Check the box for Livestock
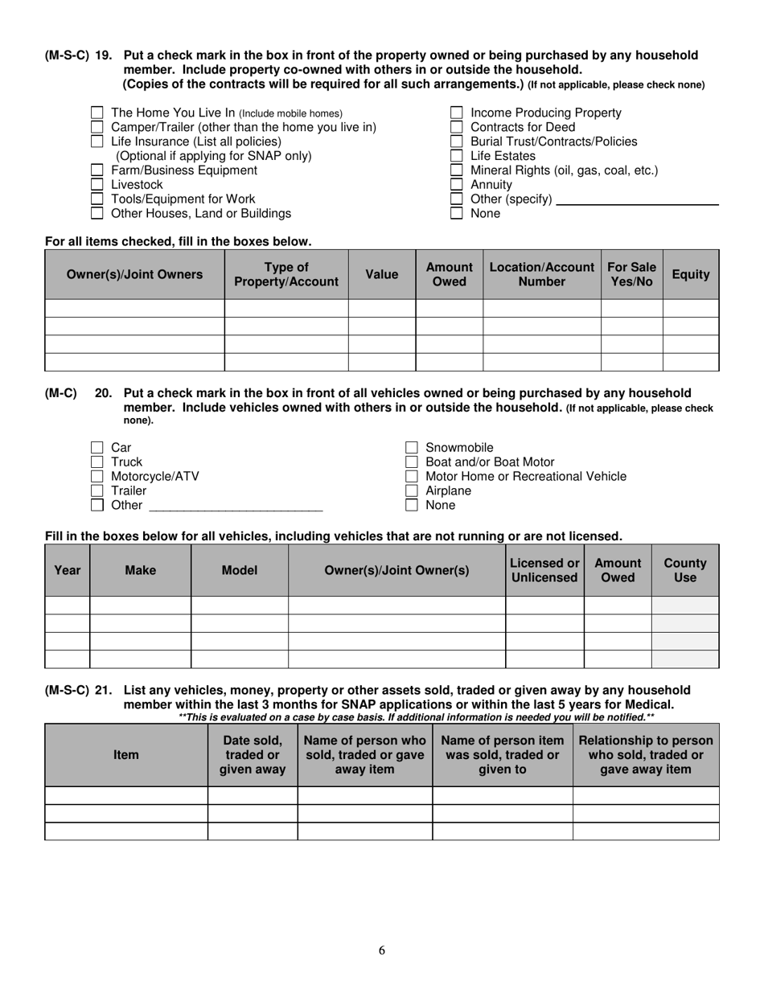pos(97,185)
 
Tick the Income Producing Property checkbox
pos(456,113)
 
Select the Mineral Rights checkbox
pos(456,170)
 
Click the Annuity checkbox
pos(456,185)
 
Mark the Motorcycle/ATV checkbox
pos(97,477)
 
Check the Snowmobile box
pos(411,448)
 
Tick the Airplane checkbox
pos(411,491)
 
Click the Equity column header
pos(691,274)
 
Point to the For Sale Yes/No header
pos(631,274)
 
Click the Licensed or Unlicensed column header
pos(544,570)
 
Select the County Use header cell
pos(685,570)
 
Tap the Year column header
pos(67,570)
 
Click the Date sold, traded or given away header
pos(253,754)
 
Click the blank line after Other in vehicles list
pos(236,507)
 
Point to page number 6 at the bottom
pos(382,950)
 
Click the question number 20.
pos(104,393)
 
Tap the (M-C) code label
pos(61,393)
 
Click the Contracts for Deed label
pos(522,127)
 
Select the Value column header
pos(381,274)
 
